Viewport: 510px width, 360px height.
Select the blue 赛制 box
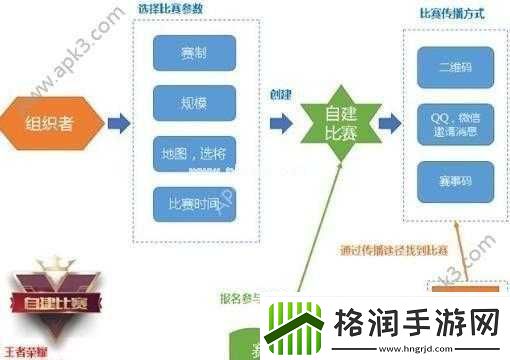point(194,53)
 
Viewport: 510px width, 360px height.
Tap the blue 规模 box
point(194,101)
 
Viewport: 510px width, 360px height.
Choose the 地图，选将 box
point(194,153)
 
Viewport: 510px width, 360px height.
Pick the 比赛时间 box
point(194,204)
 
